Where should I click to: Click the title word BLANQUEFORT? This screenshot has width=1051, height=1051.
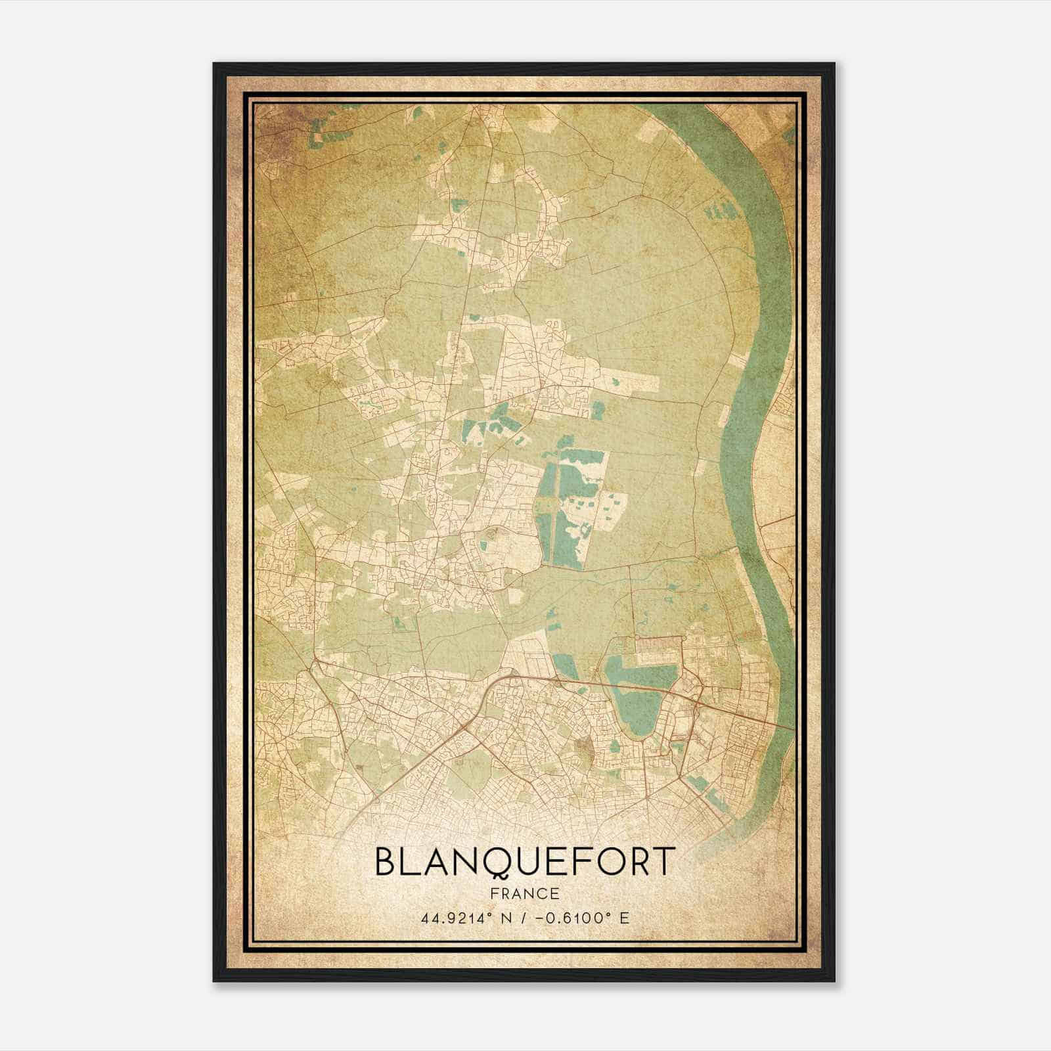pyautogui.click(x=524, y=862)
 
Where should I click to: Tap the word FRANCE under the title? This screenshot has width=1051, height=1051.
pyautogui.click(x=524, y=894)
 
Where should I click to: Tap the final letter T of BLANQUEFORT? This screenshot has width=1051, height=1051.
pyautogui.click(x=664, y=862)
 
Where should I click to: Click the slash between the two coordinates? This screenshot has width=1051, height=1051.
pyautogui.click(x=525, y=918)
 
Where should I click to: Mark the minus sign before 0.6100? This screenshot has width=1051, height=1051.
pyautogui.click(x=540, y=918)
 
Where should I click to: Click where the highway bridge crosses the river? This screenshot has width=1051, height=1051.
pyautogui.click(x=785, y=727)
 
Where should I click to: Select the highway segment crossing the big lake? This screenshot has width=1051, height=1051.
pyautogui.click(x=631, y=686)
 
